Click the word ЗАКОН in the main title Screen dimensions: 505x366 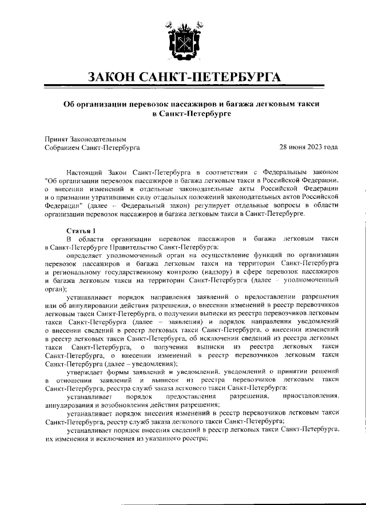click(117, 78)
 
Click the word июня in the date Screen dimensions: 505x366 click(295, 147)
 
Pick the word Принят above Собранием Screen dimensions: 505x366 click(56, 139)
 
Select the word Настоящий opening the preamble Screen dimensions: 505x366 click(86, 171)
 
